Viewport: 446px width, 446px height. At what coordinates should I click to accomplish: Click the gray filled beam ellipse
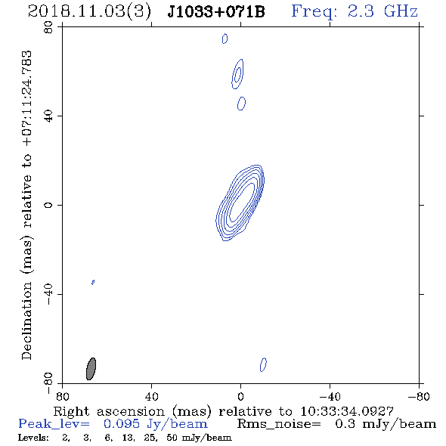(x=91, y=369)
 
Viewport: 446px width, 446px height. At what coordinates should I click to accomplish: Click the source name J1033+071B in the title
(x=216, y=12)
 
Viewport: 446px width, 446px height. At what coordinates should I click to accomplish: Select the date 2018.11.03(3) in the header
(x=89, y=12)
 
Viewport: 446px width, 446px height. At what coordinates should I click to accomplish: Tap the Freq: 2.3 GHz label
(x=355, y=11)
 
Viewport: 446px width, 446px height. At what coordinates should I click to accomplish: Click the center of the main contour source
(x=240, y=203)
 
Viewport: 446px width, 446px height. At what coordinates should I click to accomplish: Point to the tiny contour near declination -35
(x=93, y=282)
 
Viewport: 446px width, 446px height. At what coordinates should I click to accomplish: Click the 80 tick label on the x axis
(x=62, y=397)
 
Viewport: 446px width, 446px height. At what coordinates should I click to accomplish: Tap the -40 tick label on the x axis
(x=330, y=397)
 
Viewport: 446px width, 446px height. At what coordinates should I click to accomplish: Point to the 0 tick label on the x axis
(x=240, y=397)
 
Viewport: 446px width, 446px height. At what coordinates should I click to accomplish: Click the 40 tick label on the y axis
(x=48, y=116)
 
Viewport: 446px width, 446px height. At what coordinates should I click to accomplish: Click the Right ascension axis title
(x=224, y=411)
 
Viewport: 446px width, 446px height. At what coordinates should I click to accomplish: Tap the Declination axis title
(x=26, y=206)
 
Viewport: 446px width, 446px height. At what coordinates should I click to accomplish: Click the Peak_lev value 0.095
(x=122, y=424)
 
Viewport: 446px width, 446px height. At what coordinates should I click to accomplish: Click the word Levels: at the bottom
(x=33, y=438)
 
